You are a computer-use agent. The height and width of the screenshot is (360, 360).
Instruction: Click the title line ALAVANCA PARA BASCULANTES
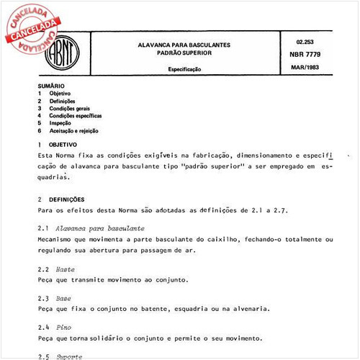click(184, 45)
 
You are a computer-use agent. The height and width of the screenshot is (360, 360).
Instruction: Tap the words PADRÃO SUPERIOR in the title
click(184, 53)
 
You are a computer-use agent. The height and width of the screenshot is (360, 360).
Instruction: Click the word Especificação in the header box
click(184, 69)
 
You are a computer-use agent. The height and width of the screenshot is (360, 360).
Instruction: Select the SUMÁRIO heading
click(51, 86)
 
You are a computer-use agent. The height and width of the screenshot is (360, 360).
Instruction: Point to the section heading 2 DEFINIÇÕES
click(61, 199)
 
